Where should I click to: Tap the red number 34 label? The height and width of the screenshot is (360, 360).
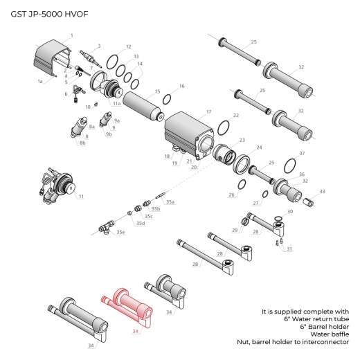[136, 331]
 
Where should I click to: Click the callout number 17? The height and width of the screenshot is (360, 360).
[208, 111]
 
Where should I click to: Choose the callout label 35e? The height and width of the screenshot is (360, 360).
[121, 232]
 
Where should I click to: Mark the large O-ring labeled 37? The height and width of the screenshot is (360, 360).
[292, 163]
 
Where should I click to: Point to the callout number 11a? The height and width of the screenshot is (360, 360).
[117, 103]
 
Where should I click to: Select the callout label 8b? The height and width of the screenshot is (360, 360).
[82, 143]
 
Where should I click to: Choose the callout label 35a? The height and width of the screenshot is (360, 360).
[170, 201]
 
